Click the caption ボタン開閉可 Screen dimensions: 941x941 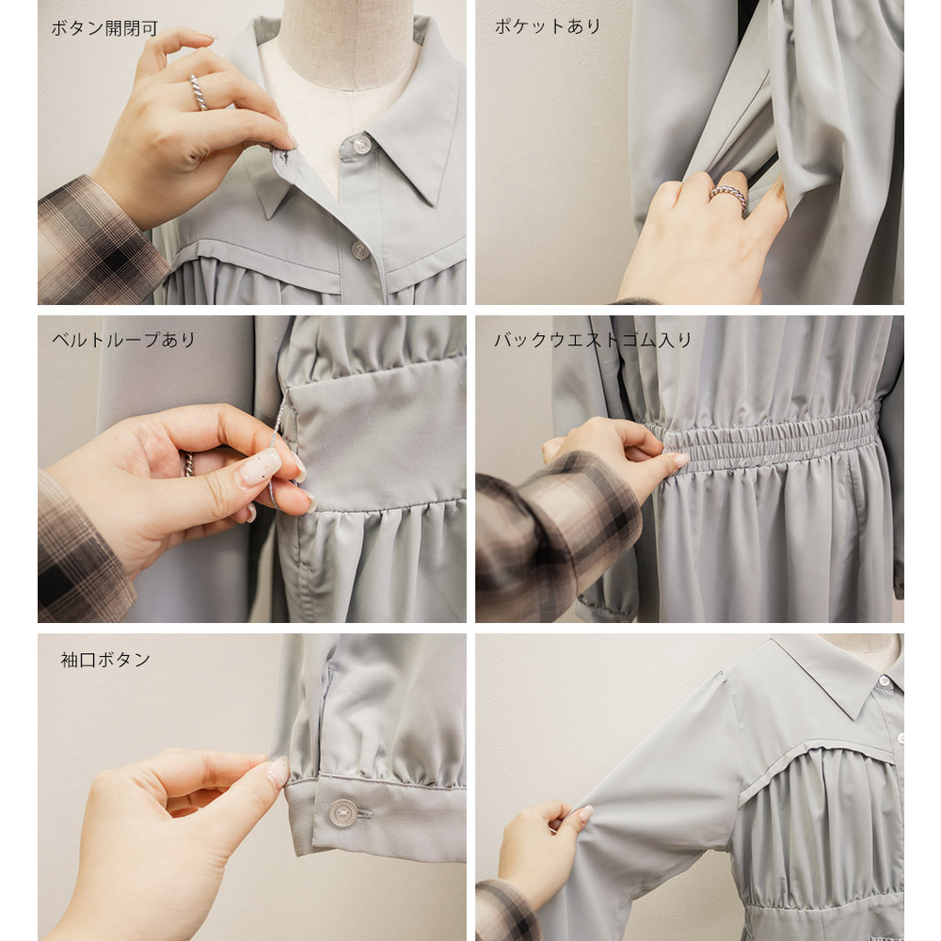104,28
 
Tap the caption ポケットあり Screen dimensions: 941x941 548,26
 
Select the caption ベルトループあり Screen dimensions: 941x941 124,340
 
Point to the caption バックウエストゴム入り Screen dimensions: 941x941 593,340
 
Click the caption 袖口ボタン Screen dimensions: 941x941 105,660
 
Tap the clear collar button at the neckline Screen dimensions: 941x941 360,144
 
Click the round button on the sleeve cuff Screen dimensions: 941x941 343,813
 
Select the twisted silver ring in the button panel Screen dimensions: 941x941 199,92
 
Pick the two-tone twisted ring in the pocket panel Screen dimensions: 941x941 728,195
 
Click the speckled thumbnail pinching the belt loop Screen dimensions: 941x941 261,467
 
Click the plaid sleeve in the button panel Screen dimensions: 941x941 99,243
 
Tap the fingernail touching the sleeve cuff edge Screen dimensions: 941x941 278,772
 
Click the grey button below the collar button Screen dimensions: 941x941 359,250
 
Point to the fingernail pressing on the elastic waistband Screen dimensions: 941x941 680,460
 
